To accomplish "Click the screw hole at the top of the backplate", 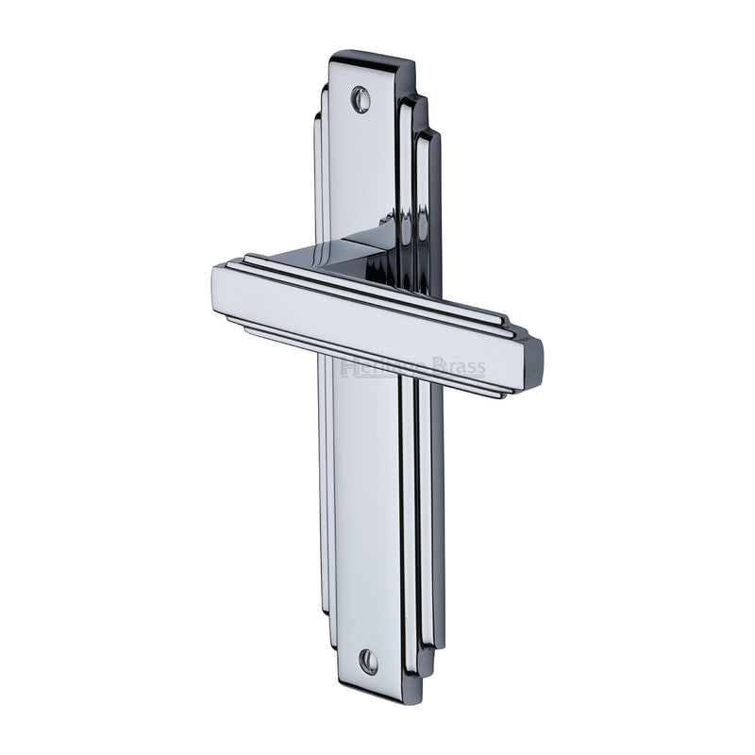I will tap(361, 98).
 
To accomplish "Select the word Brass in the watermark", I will tap(460, 366).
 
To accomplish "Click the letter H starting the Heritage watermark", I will tap(347, 366).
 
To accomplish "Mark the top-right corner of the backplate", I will tap(412, 66).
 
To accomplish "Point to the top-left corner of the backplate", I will tap(333, 54).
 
